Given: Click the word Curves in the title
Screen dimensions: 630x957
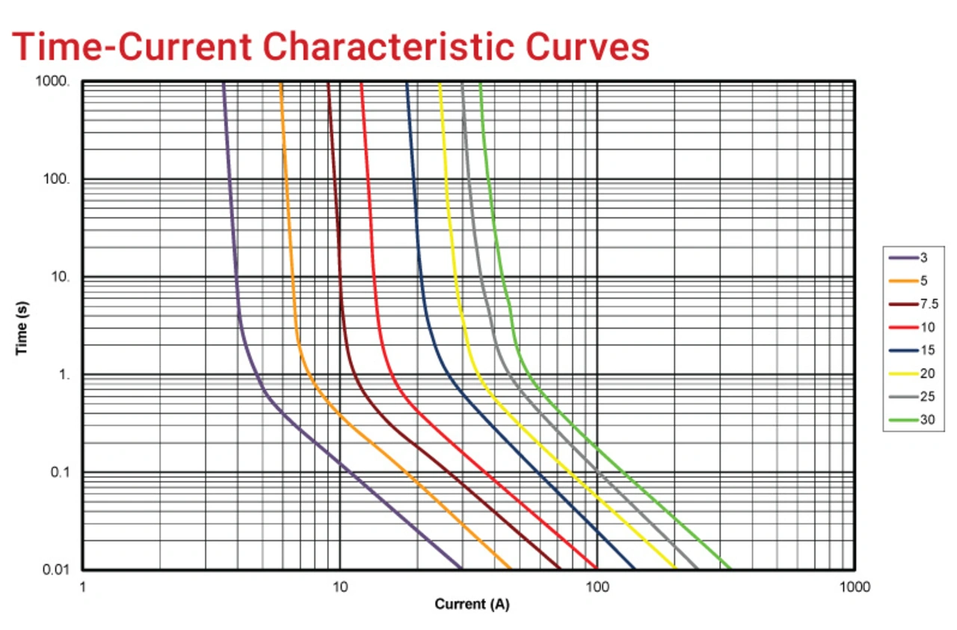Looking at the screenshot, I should coord(587,46).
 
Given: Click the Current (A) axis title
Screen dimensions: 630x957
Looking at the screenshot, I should coord(472,605).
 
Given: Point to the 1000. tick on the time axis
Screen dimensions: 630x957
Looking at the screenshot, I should coord(52,81).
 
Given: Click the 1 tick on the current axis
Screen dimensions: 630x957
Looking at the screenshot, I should coord(82,587).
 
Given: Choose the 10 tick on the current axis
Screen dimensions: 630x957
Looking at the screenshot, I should coord(339,587).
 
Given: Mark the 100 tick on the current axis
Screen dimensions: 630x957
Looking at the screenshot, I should coord(597,587).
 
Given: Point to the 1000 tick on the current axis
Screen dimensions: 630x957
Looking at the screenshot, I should coord(854,587).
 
